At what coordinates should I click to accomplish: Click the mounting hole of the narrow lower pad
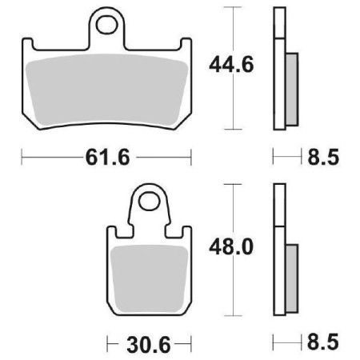point(148,201)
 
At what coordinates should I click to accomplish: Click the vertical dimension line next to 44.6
point(232,104)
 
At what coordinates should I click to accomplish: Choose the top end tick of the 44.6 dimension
point(232,7)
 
